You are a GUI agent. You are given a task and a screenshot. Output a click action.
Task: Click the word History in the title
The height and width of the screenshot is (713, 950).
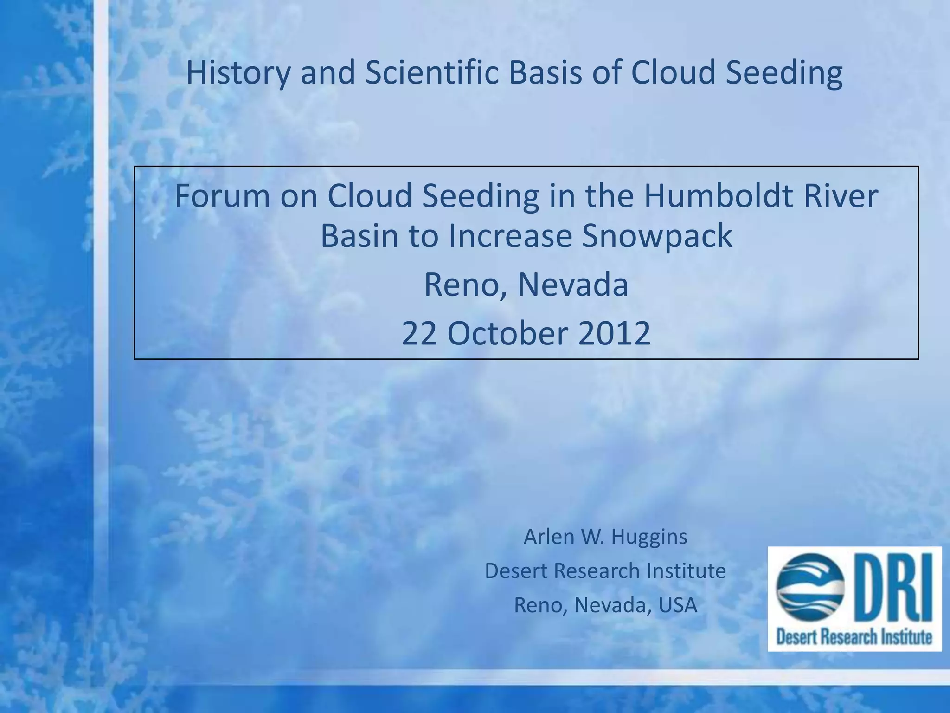pyautogui.click(x=238, y=73)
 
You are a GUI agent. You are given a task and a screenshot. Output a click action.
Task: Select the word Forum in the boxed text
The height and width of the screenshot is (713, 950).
pyautogui.click(x=222, y=196)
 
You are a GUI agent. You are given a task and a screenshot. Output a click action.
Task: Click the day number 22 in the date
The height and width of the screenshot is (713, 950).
pyautogui.click(x=419, y=333)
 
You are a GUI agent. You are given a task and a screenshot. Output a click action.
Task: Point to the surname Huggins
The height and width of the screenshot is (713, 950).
pyautogui.click(x=649, y=537)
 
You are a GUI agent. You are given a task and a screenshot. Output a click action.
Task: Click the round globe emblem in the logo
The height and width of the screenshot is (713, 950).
pyautogui.click(x=810, y=587)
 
